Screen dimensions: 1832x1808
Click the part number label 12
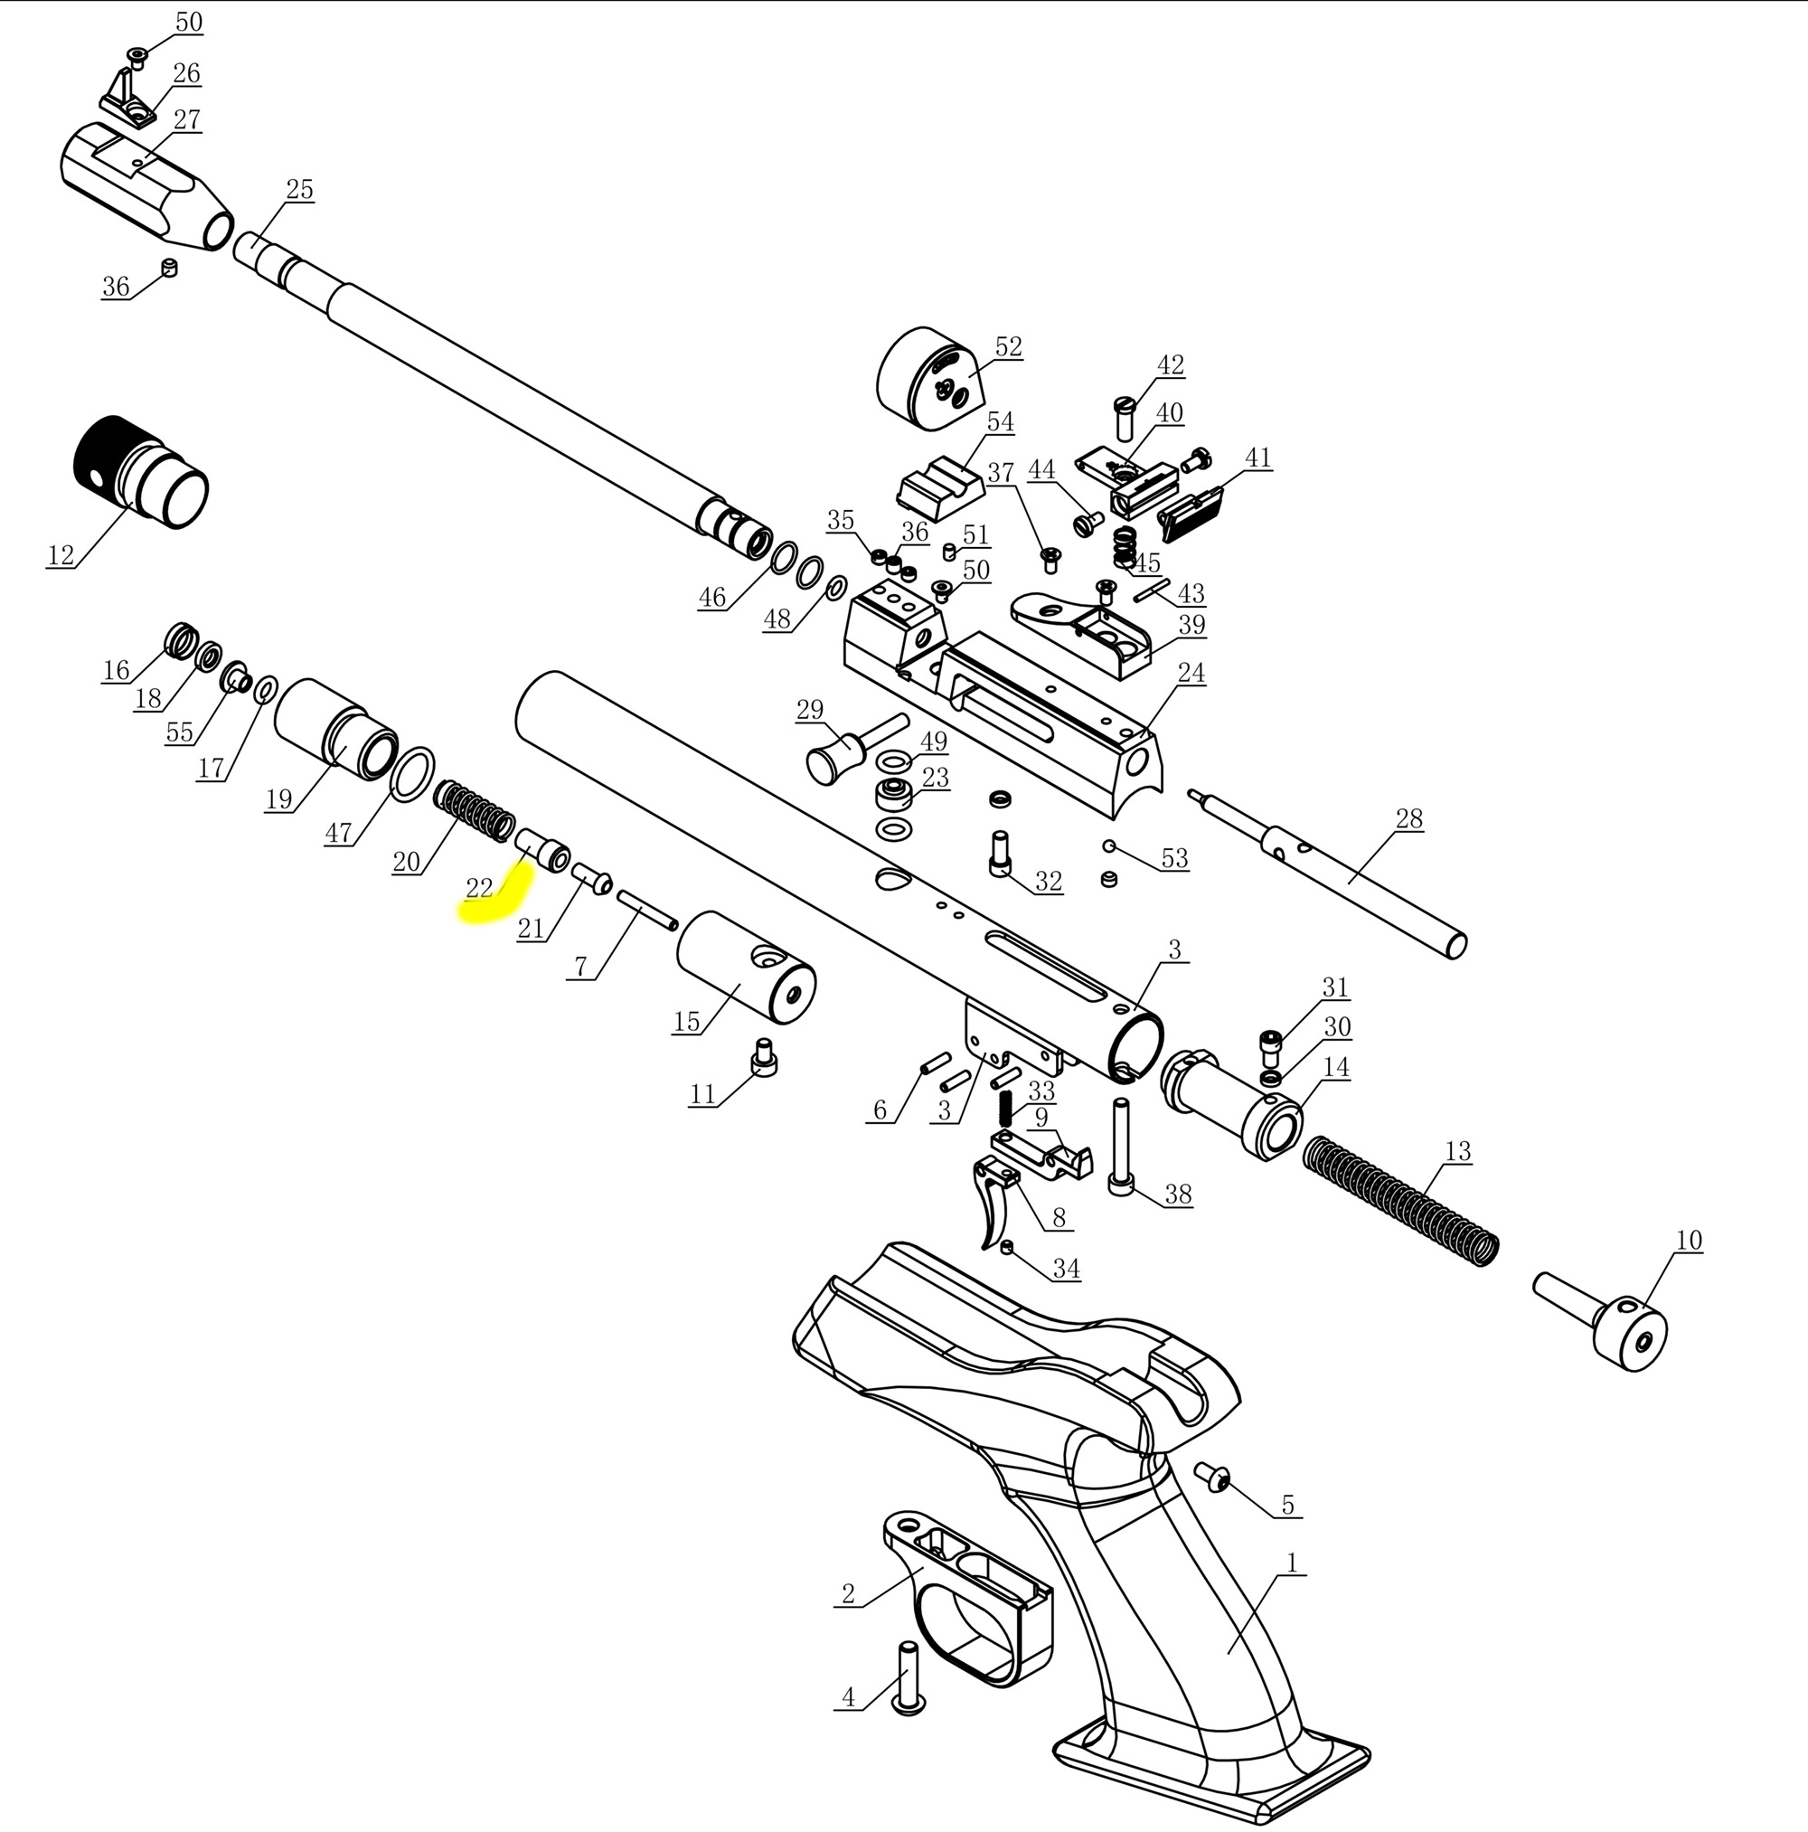[61, 554]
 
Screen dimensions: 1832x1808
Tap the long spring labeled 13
[1401, 1200]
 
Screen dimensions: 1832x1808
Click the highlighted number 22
[480, 889]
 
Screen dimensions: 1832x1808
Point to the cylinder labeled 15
[746, 968]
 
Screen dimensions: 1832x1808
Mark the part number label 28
[1408, 819]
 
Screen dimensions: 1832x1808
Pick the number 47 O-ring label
[338, 834]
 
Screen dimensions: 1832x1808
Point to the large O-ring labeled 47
[412, 774]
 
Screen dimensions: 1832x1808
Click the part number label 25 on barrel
[299, 190]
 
